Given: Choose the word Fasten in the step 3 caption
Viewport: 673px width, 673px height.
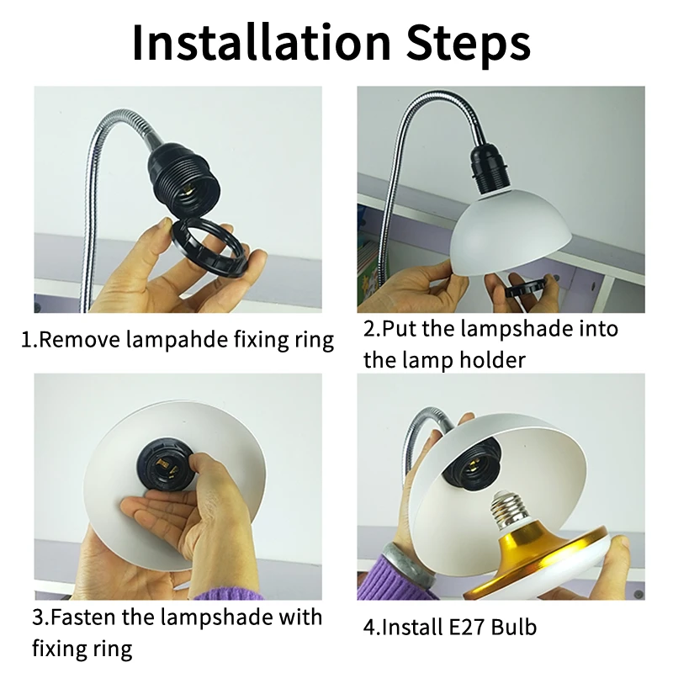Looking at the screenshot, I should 87,617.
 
